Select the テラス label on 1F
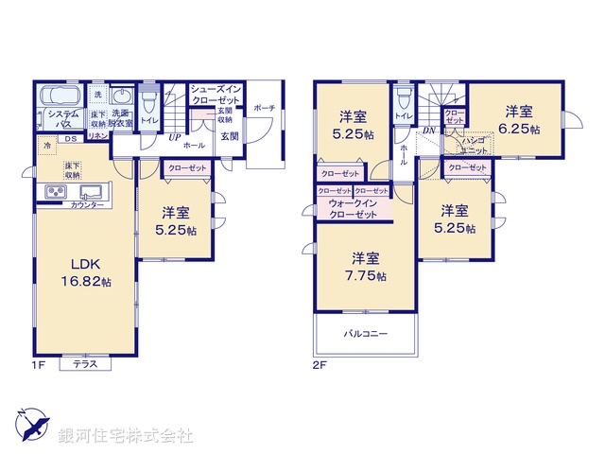tap(85, 364)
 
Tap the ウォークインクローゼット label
tap(354, 209)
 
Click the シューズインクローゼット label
tap(217, 94)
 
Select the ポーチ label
tap(264, 108)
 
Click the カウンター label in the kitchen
tap(87, 204)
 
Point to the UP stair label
tap(175, 138)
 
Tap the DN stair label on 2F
tap(428, 131)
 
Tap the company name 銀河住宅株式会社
tap(125, 436)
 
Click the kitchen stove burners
tap(53, 194)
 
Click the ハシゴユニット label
tap(475, 145)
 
